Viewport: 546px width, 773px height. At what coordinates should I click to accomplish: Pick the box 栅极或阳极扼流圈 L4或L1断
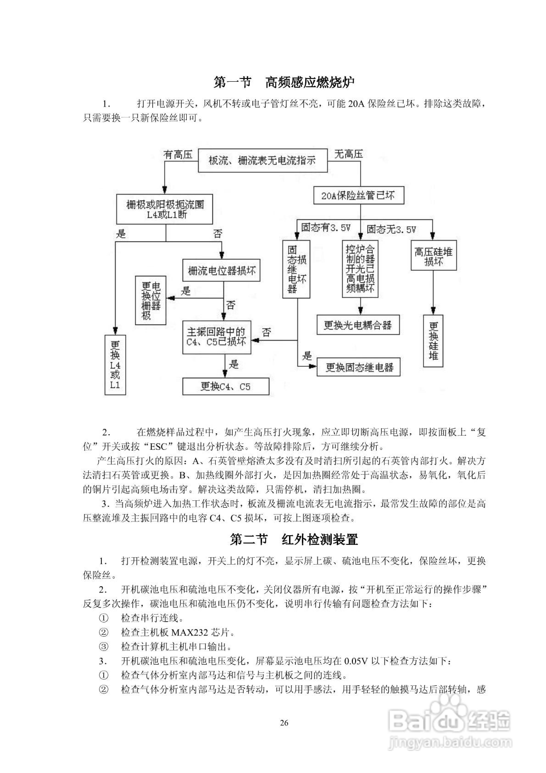165,209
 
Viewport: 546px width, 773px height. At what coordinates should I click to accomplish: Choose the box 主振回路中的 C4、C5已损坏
216,337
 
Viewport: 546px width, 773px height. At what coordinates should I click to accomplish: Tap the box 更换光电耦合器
358,325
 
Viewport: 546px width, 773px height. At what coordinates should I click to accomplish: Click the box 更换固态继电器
359,367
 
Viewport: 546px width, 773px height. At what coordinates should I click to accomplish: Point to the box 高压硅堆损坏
433,255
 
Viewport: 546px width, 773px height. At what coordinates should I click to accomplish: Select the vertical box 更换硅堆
433,341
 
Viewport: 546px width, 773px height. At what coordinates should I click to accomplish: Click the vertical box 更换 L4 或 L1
115,365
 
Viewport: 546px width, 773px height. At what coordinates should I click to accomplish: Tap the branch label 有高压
178,154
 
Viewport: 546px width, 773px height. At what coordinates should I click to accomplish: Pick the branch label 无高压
348,154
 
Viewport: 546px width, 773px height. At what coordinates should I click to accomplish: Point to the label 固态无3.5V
391,230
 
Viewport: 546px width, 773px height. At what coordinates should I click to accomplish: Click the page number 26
284,723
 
